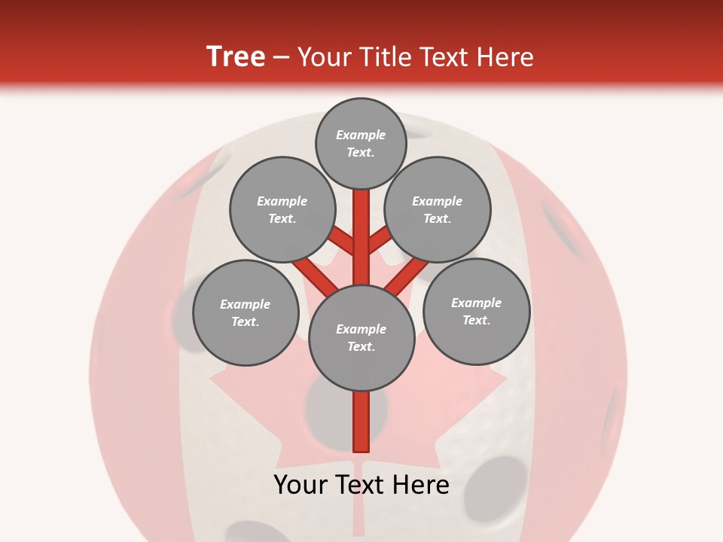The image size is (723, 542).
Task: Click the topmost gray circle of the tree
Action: point(361,143)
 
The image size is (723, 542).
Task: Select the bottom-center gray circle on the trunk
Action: point(361,338)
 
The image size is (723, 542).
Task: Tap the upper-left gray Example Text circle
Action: point(282,209)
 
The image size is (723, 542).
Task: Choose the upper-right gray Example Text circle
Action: point(437,209)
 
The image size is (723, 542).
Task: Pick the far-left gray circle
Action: point(245,312)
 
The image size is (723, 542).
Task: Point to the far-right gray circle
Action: point(476,311)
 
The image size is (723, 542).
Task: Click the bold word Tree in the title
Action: point(236,56)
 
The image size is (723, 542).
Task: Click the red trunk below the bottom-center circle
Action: point(361,422)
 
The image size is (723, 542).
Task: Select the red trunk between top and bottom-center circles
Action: point(361,237)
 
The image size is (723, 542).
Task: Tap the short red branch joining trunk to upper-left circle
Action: point(342,241)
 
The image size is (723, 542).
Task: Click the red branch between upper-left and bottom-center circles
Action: point(315,276)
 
